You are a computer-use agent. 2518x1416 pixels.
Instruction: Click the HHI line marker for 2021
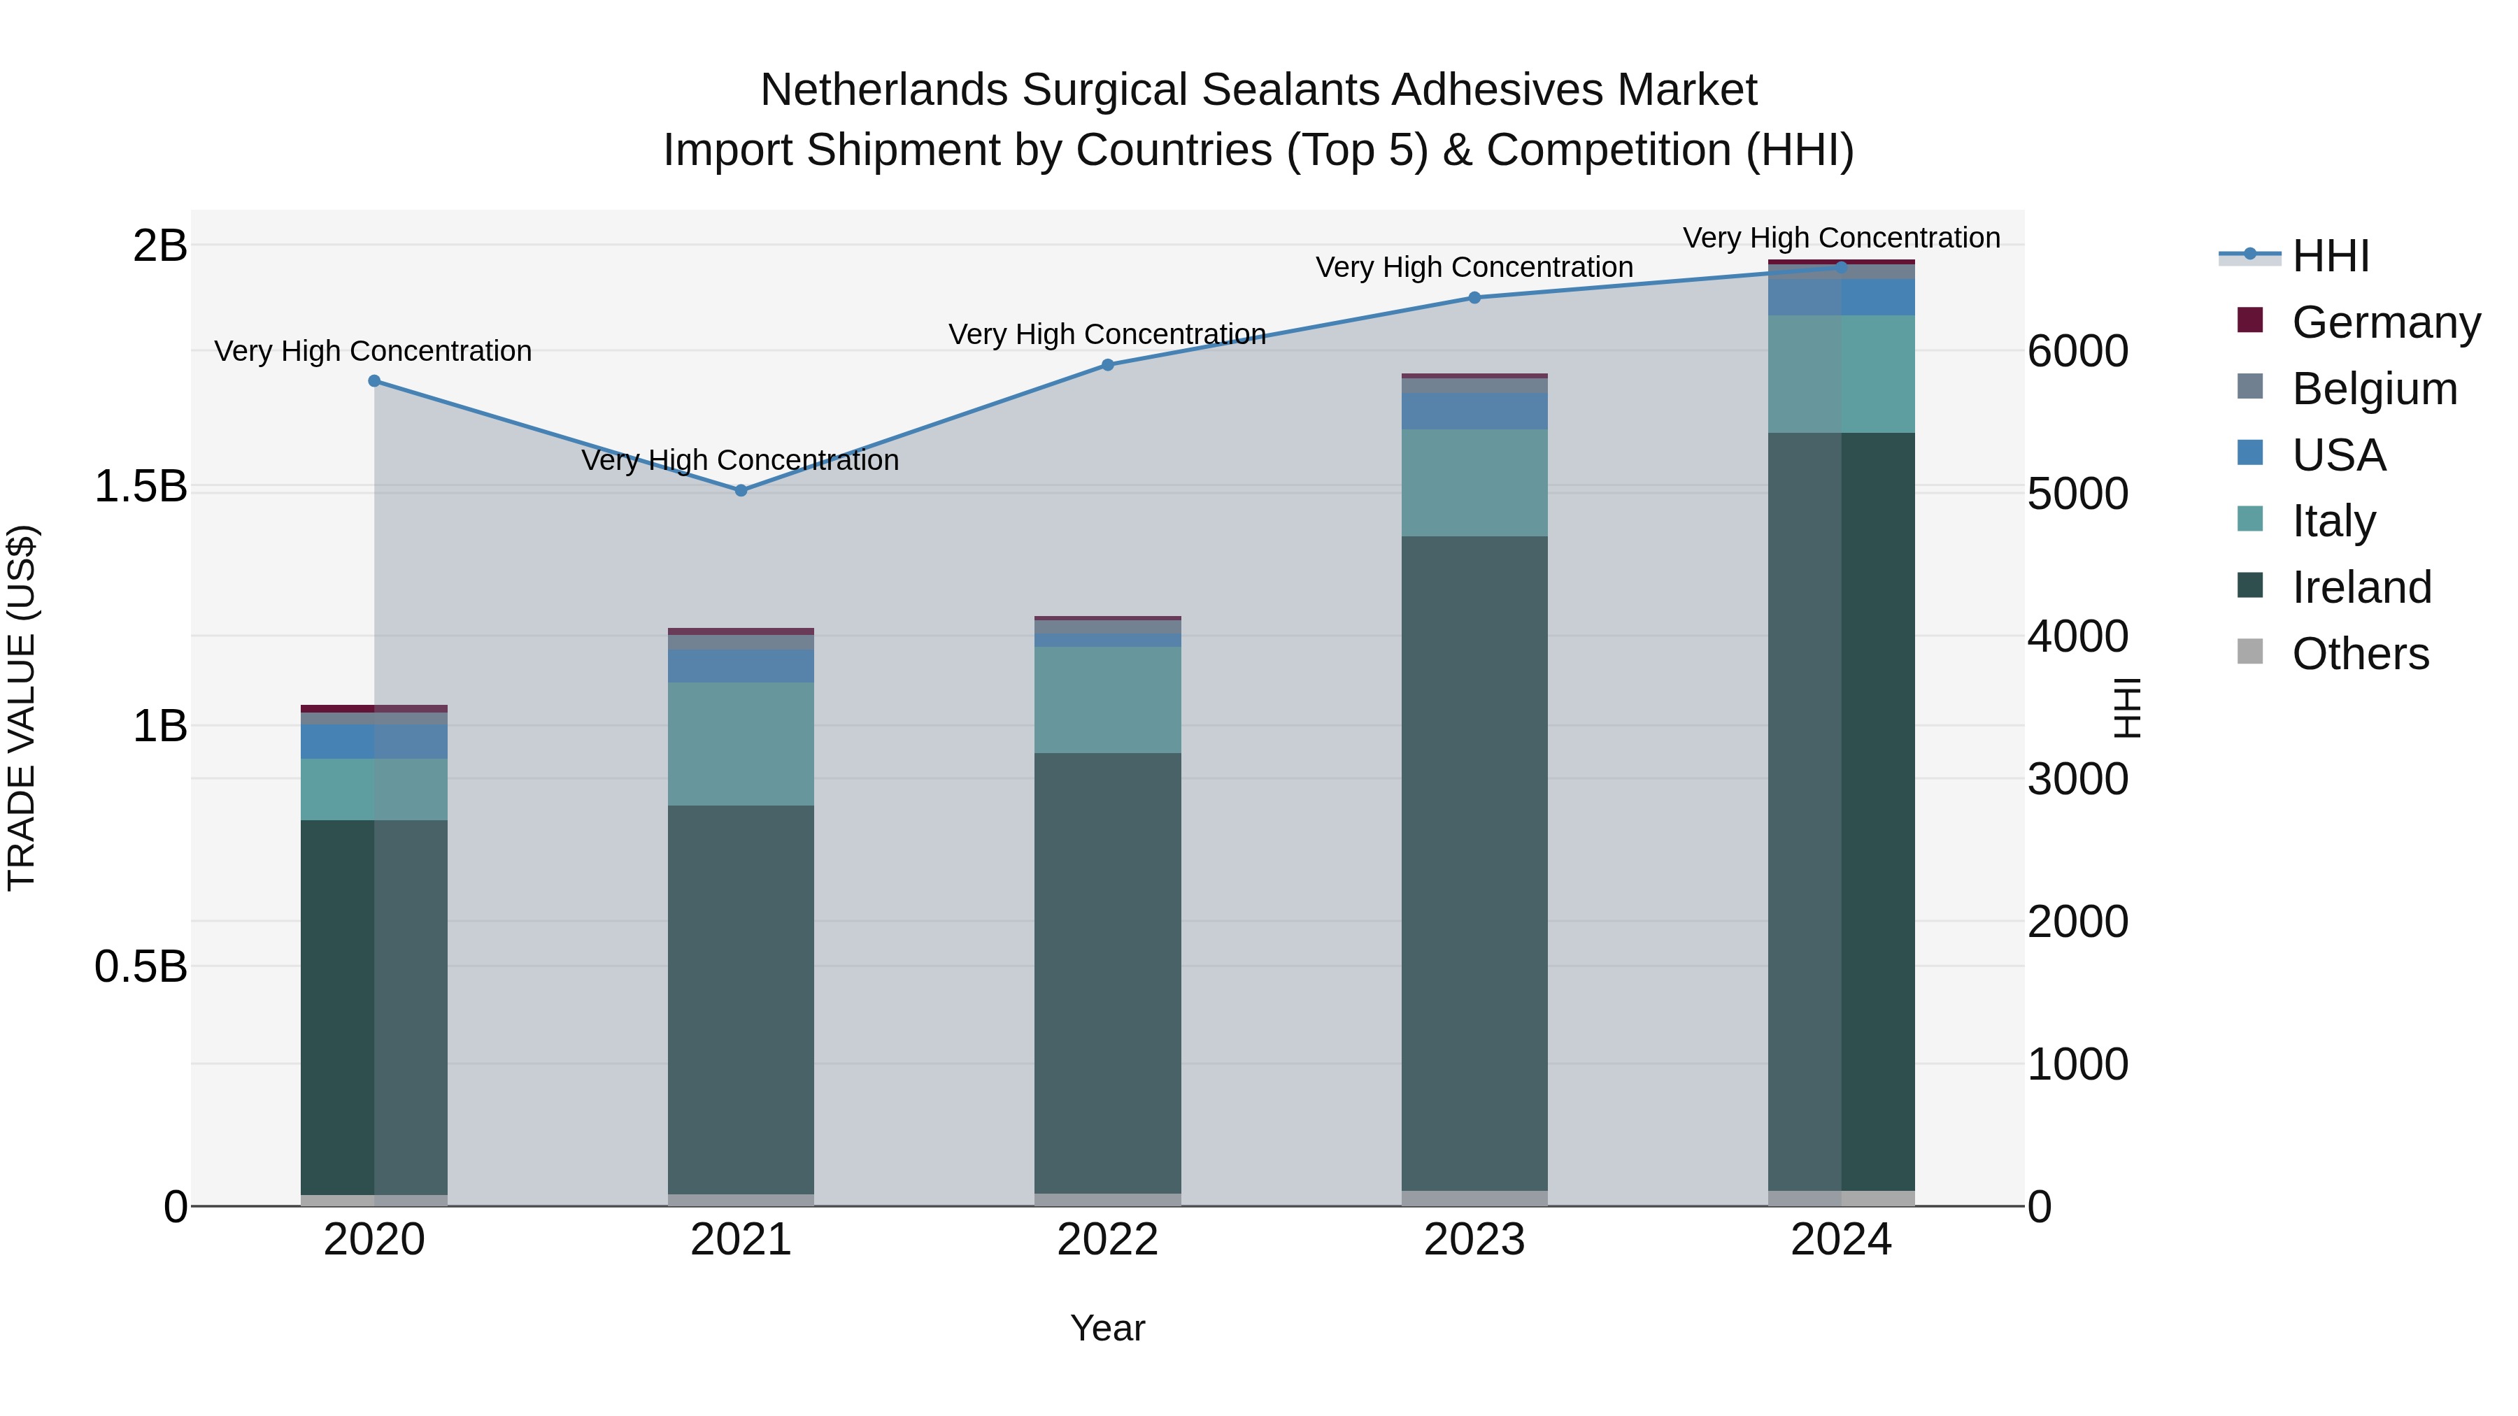coord(741,491)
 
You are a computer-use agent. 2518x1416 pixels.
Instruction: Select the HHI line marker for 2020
coord(374,381)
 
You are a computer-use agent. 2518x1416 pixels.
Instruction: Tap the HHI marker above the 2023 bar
coord(1475,298)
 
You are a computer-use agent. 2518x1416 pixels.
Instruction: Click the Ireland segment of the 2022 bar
coord(1107,973)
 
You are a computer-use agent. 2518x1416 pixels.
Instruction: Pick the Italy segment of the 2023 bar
coord(1475,482)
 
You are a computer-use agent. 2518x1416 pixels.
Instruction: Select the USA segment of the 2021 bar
coord(741,666)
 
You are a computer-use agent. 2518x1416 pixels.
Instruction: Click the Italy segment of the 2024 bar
coord(1842,374)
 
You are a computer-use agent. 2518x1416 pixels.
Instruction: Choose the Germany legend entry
coord(2385,322)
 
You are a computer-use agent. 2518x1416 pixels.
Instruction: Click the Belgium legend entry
coord(2373,389)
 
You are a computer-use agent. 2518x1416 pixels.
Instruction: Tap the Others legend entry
coord(2360,654)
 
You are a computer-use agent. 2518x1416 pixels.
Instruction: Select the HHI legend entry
coord(2331,256)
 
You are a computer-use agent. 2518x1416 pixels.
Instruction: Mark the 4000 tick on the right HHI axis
coord(2077,637)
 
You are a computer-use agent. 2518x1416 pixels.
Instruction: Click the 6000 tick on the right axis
coord(2077,352)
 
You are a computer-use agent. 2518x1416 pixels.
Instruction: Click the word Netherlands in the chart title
coord(883,90)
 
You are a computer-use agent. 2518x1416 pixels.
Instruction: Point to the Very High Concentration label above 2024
coord(1842,238)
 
